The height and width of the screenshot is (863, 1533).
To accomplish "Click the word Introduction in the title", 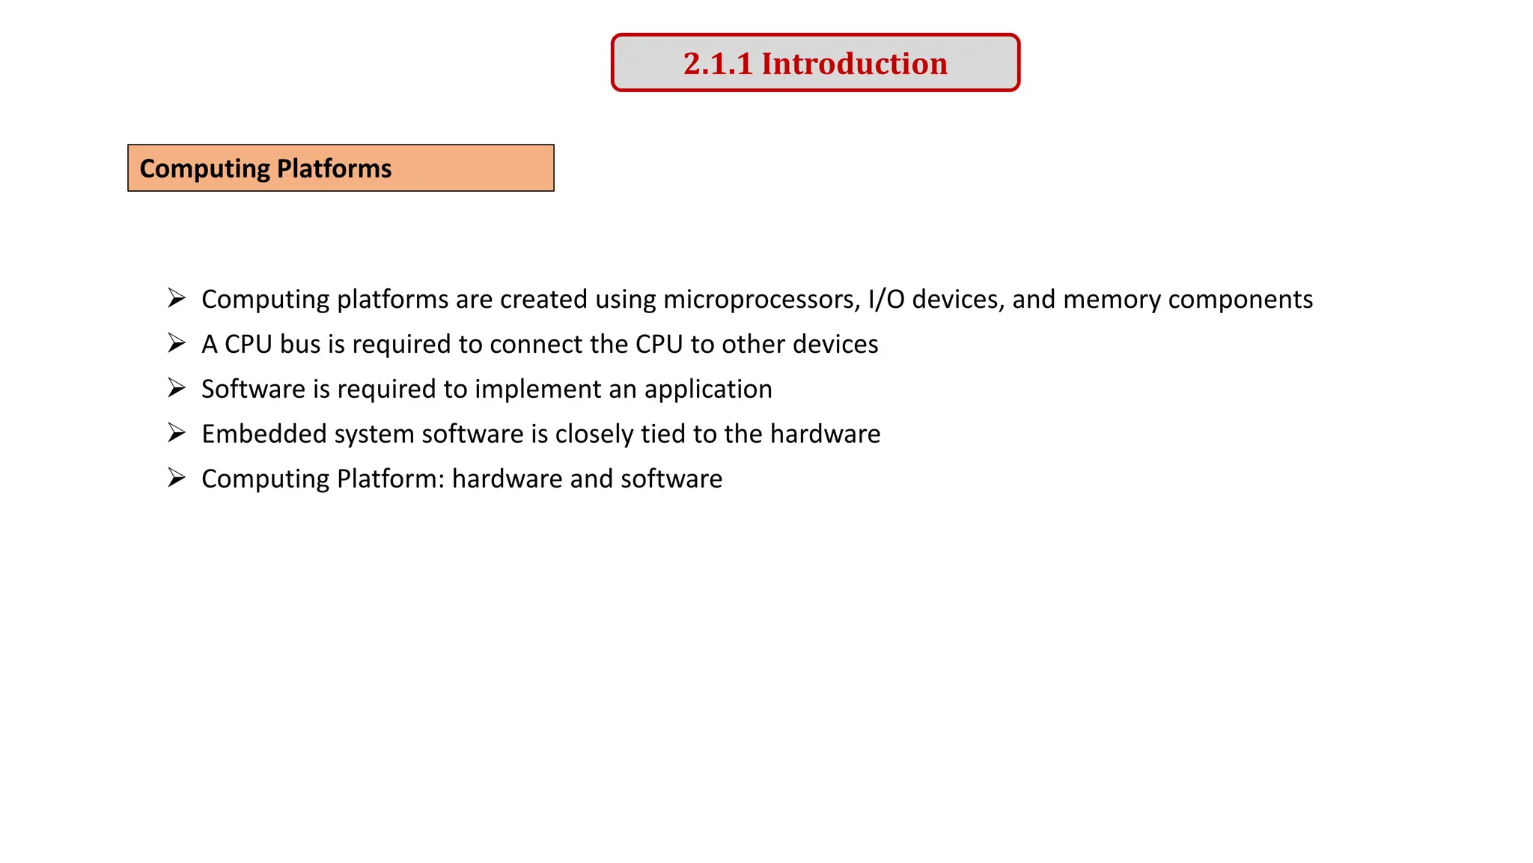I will [854, 64].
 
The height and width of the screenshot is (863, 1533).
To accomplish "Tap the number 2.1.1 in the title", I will [717, 64].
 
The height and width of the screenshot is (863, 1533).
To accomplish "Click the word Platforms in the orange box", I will [334, 169].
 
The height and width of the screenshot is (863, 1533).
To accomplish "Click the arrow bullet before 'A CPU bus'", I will [177, 344].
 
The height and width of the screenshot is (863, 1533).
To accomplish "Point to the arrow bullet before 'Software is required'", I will [177, 388].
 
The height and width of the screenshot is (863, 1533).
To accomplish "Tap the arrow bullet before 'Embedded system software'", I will [177, 433].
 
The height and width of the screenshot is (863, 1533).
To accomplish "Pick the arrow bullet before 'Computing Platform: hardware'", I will [177, 478].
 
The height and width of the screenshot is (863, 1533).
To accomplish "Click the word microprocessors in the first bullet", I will [761, 300].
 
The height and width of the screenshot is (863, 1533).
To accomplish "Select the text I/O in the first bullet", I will [886, 300].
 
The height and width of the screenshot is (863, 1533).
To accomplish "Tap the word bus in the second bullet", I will [299, 345].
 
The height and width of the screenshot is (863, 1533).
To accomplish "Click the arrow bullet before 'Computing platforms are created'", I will [177, 298].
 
